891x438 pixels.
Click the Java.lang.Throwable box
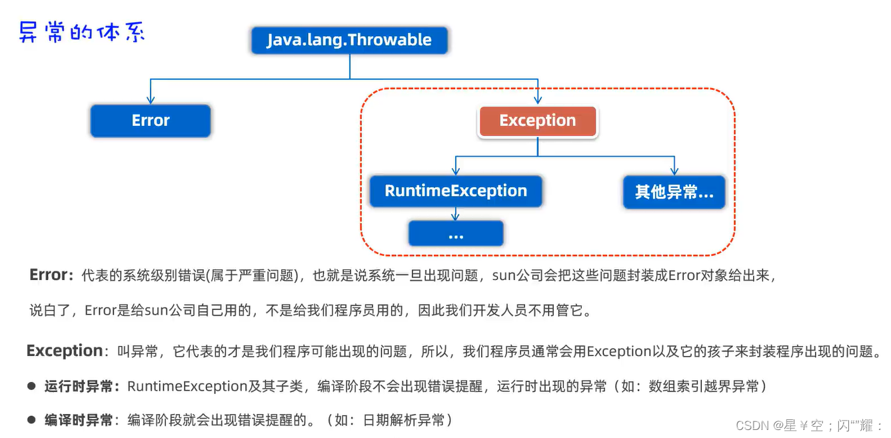(349, 40)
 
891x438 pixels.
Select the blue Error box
(151, 121)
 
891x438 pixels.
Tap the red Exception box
(537, 121)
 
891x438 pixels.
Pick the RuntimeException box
(456, 191)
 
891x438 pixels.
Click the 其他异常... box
(674, 192)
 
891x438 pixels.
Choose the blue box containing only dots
(456, 234)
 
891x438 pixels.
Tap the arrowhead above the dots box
(456, 217)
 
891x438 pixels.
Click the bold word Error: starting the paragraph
(51, 275)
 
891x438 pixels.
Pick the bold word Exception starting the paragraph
(65, 351)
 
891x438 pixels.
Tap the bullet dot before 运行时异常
(31, 386)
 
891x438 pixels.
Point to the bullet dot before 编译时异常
(31, 420)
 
